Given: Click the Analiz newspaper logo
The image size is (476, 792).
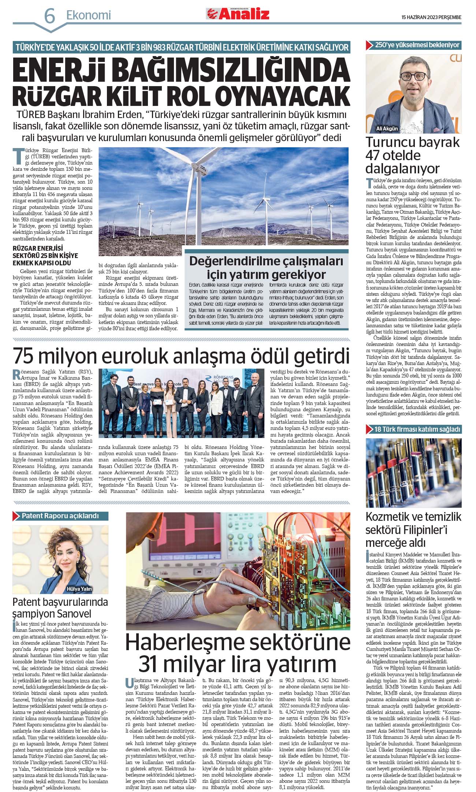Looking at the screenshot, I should [x=238, y=14].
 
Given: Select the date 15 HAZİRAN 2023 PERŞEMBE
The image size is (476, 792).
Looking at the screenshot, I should [x=431, y=17].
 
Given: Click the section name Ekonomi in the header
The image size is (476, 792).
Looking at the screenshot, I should [x=88, y=15].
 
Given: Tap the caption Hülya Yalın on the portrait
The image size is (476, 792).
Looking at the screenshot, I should [x=79, y=589].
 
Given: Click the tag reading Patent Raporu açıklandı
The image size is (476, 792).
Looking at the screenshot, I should [x=60, y=516].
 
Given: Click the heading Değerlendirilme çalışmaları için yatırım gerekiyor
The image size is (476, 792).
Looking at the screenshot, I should [x=266, y=268].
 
